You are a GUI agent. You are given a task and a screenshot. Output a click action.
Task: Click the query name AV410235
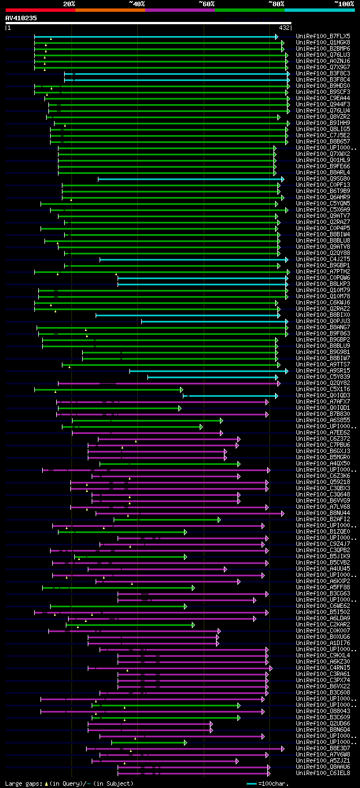click(x=21, y=18)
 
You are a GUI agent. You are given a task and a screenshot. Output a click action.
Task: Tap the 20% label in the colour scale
click(x=69, y=3)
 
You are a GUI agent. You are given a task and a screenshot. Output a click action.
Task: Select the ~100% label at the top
click(x=344, y=3)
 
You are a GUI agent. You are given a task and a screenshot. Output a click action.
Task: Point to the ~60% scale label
click(x=206, y=3)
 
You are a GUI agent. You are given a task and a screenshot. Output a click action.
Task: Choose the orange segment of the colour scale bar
click(x=110, y=10)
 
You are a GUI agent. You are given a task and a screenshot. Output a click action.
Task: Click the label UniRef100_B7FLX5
click(x=322, y=36)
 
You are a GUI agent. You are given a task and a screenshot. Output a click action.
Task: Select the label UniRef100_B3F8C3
click(x=322, y=73)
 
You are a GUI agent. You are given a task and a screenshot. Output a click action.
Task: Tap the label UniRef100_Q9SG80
click(x=322, y=179)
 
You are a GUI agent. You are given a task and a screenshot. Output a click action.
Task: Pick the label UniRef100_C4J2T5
click(x=322, y=259)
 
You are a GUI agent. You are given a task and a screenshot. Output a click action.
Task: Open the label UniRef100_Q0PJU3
click(x=322, y=321)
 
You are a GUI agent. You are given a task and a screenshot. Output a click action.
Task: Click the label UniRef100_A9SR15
click(x=322, y=371)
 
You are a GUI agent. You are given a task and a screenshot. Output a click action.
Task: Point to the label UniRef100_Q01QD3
click(x=322, y=396)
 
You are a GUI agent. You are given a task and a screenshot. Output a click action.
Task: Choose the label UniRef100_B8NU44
click(x=322, y=513)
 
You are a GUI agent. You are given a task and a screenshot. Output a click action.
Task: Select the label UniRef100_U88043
click(x=322, y=711)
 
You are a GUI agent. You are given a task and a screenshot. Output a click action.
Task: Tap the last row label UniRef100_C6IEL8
click(x=322, y=773)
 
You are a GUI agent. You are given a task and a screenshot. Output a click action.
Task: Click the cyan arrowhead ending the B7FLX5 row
click(x=277, y=37)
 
